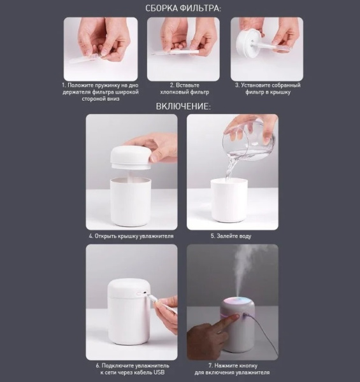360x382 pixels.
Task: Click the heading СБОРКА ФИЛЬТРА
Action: (184, 8)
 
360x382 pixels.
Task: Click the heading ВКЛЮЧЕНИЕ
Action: (184, 107)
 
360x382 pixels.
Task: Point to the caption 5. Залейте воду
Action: (231, 236)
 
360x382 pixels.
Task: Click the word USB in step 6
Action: (159, 372)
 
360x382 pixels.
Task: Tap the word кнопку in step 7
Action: (248, 365)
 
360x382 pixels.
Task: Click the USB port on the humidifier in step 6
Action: (145, 293)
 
